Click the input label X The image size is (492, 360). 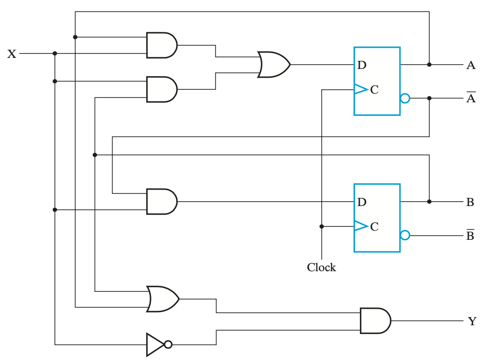click(12, 54)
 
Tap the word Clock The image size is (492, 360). click(321, 267)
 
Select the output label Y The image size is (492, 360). click(472, 321)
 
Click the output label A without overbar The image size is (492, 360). click(471, 65)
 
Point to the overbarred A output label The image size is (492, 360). click(471, 97)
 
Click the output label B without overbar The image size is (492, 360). click(470, 202)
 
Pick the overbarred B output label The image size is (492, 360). click(470, 235)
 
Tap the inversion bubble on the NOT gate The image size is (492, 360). click(168, 345)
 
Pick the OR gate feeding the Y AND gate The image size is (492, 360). click(163, 299)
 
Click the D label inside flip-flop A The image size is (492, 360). click(362, 65)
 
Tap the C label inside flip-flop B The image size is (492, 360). click(374, 227)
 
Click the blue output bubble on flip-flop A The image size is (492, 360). click(405, 98)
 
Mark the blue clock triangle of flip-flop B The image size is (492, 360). click(361, 226)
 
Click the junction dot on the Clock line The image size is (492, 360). click(322, 226)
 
